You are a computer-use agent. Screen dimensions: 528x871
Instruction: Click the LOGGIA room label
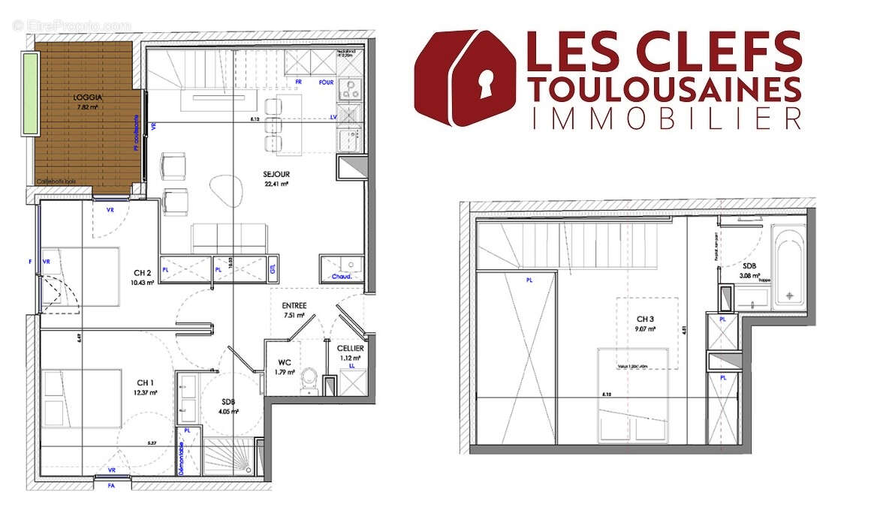point(88,97)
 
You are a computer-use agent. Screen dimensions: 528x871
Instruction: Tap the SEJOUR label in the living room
point(276,174)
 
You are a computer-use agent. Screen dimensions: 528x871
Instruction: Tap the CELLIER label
point(350,349)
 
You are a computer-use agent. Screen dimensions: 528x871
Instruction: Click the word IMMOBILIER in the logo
point(664,118)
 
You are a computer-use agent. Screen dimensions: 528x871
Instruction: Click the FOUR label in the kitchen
point(326,82)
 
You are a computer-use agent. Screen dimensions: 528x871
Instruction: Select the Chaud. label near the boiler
point(342,276)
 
